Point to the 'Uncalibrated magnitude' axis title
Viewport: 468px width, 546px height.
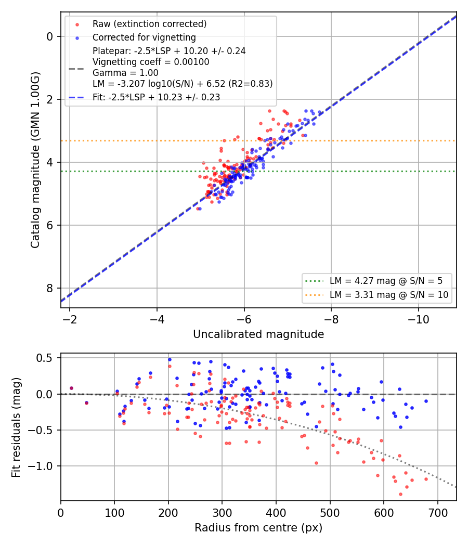pos(258,334)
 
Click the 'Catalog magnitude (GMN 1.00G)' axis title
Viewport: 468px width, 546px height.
pos(35,160)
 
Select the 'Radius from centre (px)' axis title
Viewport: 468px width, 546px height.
pos(258,528)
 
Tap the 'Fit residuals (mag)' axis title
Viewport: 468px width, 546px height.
pos(16,427)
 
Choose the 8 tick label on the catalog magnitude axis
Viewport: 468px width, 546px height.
pos(50,288)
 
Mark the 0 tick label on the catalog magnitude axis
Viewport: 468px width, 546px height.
pos(50,36)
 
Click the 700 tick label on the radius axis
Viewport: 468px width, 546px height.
pos(437,513)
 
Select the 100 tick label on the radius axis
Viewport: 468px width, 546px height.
pos(114,513)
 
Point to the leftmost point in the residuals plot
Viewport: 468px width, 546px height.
pos(71,388)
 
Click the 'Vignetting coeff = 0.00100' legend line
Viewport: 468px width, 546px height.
pos(151,62)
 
